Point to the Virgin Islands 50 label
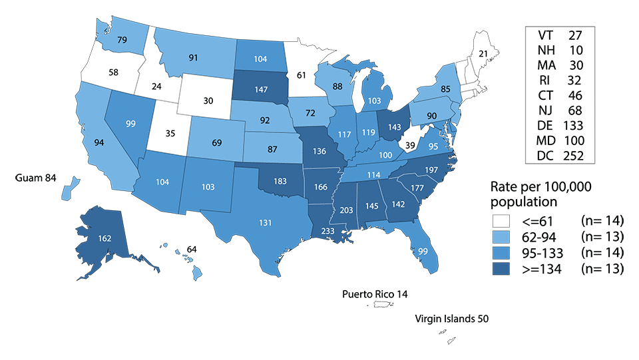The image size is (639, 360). coord(452,319)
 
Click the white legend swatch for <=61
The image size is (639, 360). coord(505,220)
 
